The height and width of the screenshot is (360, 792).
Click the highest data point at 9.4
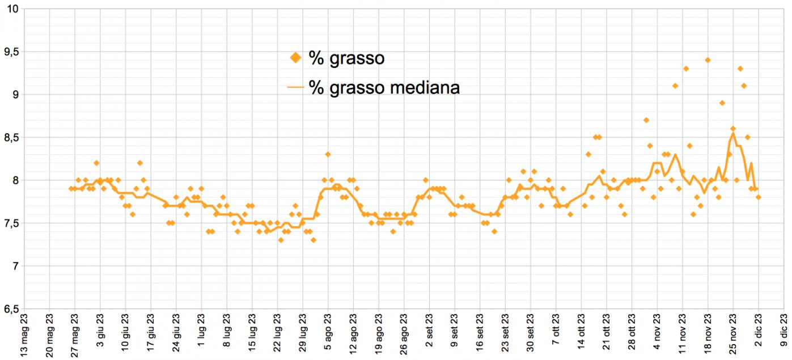coord(708,60)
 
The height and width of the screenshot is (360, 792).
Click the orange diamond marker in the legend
coord(295,57)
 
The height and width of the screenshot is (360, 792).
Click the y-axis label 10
coord(14,9)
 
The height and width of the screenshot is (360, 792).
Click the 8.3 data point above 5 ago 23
coord(328,154)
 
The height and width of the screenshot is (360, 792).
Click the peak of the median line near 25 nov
coord(733,133)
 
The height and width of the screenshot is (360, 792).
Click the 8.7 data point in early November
coord(646,120)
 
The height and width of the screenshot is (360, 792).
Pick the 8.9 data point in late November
coord(722,103)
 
